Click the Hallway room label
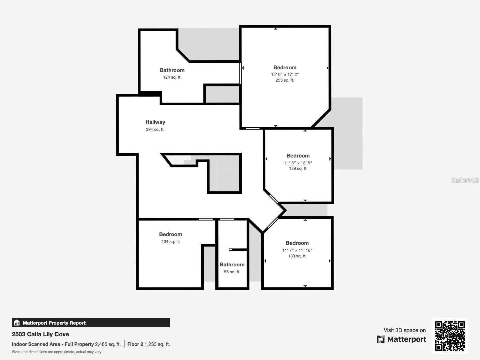point(155,122)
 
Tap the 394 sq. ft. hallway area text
point(155,129)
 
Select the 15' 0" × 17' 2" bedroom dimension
point(285,74)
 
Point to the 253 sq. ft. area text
point(285,80)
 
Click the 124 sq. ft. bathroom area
point(172,77)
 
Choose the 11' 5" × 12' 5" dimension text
point(298,163)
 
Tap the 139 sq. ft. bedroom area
point(298,168)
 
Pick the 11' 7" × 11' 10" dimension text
point(297,250)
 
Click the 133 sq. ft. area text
point(297,256)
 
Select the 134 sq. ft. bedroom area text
point(170,241)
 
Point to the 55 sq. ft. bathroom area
point(232,272)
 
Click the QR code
point(450,336)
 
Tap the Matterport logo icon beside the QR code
point(381,339)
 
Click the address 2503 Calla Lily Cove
point(40,334)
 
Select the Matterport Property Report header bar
point(91,323)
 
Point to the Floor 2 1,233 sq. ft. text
point(148,344)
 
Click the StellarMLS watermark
point(465,180)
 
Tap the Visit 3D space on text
point(404,330)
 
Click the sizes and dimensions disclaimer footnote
point(57,352)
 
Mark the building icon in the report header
point(17,323)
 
